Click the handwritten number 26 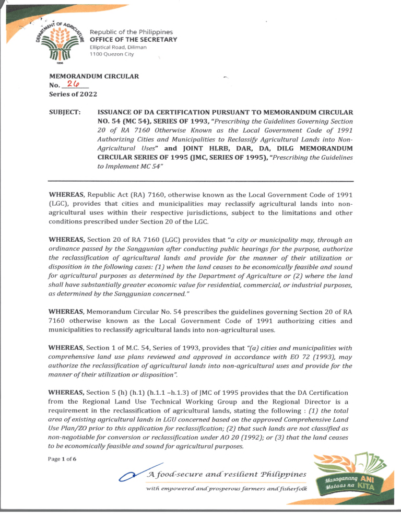coord(76,85)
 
